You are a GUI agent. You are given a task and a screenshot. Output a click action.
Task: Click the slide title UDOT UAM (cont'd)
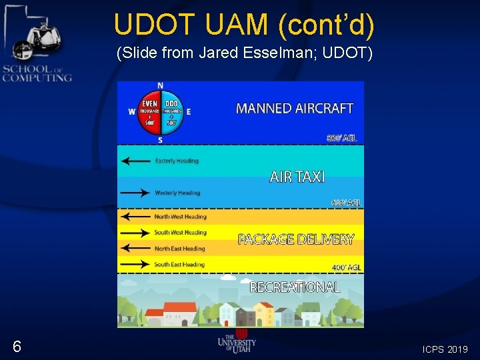(x=244, y=25)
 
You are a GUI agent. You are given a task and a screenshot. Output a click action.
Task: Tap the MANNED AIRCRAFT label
(x=295, y=108)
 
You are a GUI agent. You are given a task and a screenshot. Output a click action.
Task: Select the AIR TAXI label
(x=297, y=177)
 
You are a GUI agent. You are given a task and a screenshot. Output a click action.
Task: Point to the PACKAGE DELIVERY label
(x=296, y=239)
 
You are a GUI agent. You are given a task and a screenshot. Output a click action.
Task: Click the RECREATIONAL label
(x=295, y=287)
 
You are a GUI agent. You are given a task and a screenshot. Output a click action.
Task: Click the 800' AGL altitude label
(x=341, y=139)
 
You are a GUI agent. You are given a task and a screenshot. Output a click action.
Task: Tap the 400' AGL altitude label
(x=346, y=267)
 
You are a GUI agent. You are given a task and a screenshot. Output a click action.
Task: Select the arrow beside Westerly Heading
(x=135, y=193)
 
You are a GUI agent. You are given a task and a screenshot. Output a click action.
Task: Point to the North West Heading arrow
(x=135, y=217)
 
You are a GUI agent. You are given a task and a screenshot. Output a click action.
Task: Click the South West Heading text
(x=180, y=233)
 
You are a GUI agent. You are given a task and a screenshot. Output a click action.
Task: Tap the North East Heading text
(x=179, y=249)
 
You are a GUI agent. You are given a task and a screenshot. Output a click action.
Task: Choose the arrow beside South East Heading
(x=135, y=265)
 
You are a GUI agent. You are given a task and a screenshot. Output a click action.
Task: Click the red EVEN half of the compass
(x=149, y=112)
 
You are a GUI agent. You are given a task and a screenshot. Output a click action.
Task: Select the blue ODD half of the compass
(x=171, y=112)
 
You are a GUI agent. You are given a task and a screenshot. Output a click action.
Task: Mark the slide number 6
(x=17, y=346)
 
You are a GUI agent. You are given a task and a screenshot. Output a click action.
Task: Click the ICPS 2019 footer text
(x=445, y=349)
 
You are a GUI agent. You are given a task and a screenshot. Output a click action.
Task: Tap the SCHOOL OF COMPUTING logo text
(x=37, y=73)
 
